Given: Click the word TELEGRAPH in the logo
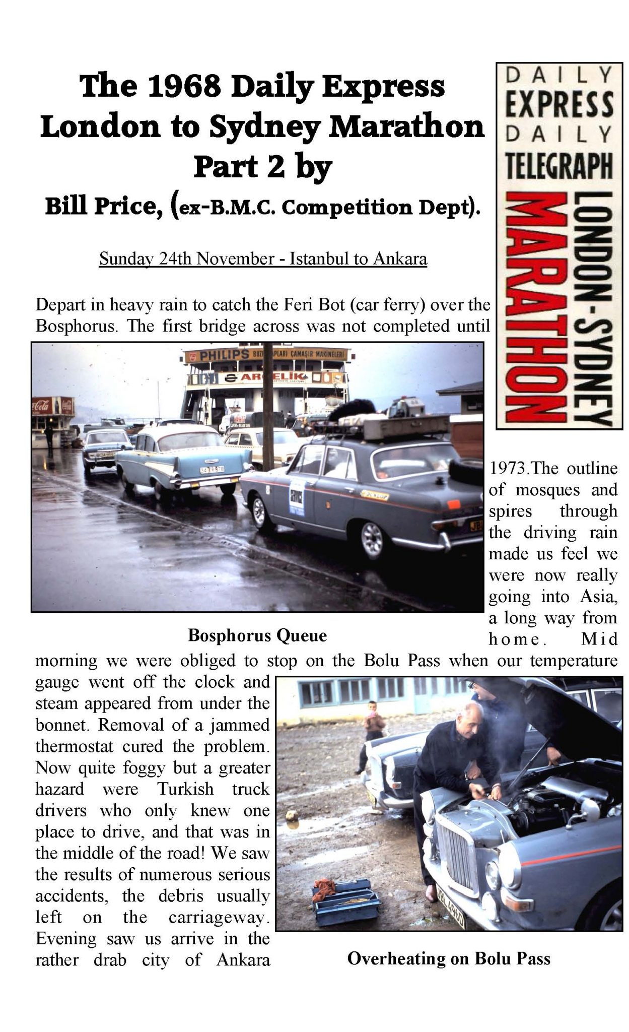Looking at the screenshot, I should [559, 166].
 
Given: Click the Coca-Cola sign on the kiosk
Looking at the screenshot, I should [53, 405].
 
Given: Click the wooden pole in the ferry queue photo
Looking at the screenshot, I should [267, 403].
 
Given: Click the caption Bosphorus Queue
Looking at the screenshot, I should [257, 636].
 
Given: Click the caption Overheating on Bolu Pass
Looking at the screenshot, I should [449, 958].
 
